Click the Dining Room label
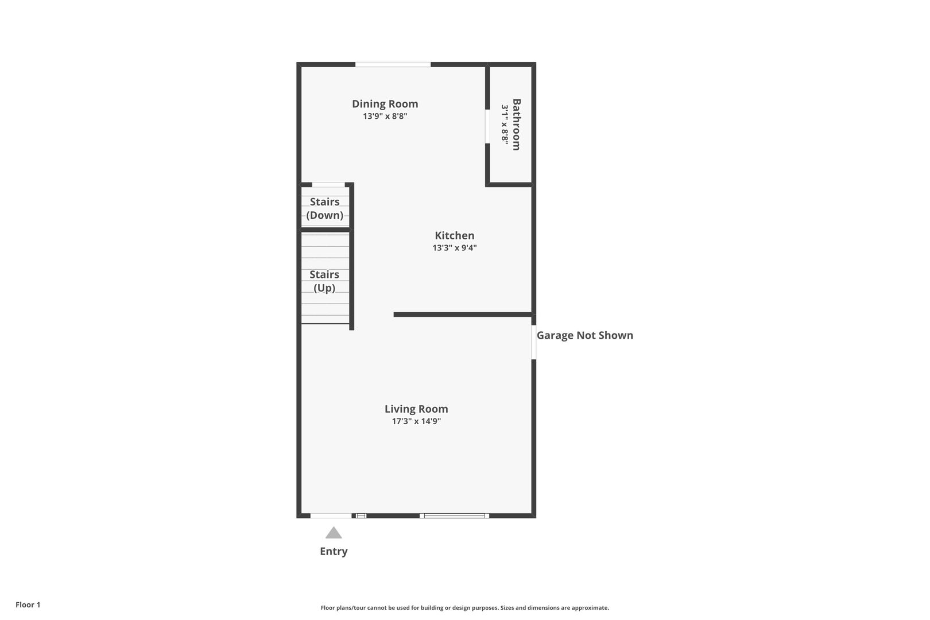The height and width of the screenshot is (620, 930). point(385,104)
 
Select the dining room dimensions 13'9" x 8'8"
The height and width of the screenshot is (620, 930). point(385,116)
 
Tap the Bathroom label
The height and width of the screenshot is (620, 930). point(517,125)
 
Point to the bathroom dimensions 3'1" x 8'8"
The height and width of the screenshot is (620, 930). point(505,125)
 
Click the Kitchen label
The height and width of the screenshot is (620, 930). point(454,235)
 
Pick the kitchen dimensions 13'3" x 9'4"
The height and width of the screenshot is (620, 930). point(454,248)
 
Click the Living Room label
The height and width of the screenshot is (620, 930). point(416,409)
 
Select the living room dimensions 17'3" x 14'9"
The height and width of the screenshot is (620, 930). point(416,421)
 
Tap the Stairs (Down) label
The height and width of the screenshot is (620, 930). point(325,208)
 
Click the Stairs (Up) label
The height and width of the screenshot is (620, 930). point(324,281)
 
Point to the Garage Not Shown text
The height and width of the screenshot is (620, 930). point(584,335)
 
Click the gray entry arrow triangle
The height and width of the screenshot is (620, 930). point(334,533)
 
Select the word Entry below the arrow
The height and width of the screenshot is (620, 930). point(334,551)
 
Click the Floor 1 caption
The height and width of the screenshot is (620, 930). point(28,604)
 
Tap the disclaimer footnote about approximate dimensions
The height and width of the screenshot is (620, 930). point(464,607)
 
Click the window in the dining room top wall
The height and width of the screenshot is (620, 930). point(393,64)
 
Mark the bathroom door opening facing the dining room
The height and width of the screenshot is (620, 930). point(487,126)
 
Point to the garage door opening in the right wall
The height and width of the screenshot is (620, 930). point(533,342)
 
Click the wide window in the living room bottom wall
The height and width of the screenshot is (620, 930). point(454,516)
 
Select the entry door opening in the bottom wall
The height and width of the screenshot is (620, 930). point(331,516)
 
